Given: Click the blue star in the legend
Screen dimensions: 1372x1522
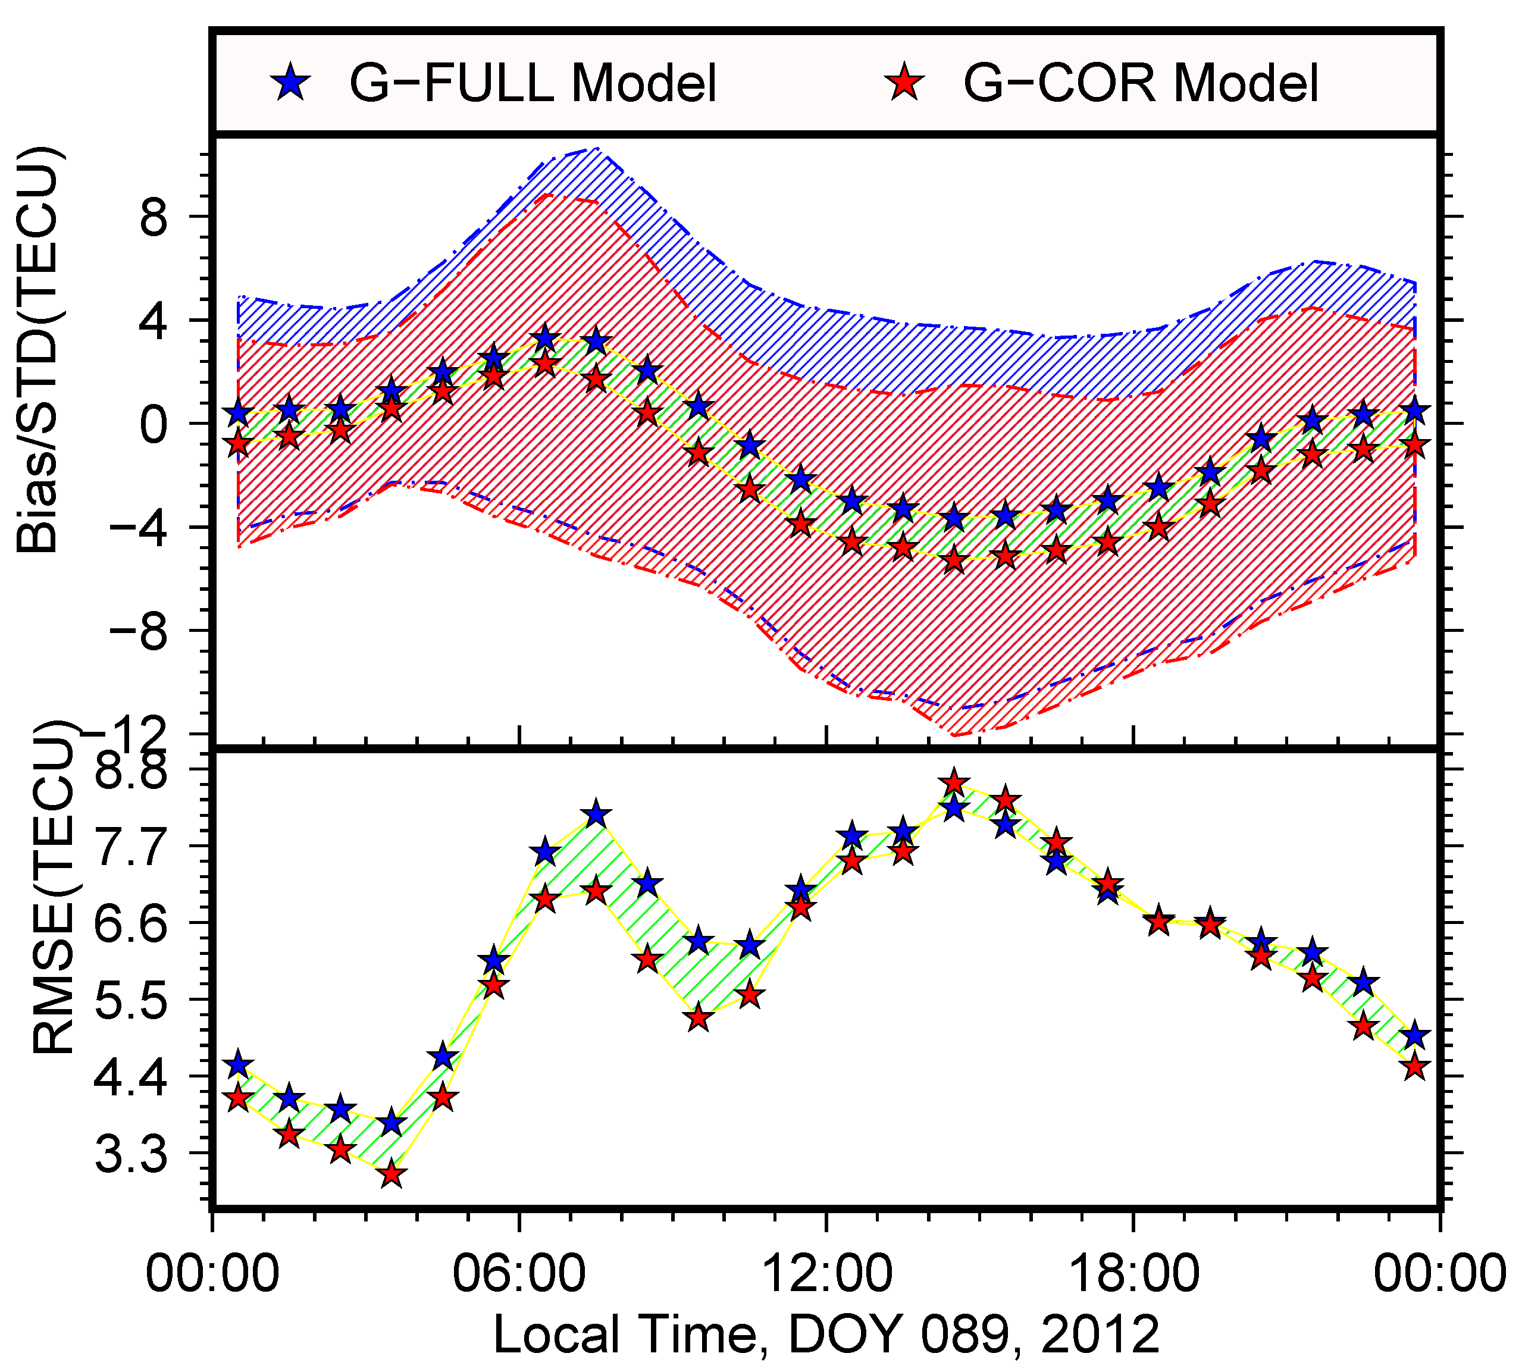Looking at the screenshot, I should (290, 82).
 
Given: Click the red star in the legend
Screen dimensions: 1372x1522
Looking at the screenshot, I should (904, 82).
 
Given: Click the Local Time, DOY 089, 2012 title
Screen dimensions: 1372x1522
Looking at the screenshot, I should (826, 1335).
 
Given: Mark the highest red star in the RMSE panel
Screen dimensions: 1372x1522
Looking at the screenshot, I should (954, 782).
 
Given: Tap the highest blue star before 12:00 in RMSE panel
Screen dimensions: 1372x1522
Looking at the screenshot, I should (596, 813).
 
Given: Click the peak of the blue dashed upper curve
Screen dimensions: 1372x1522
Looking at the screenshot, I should (596, 149).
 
